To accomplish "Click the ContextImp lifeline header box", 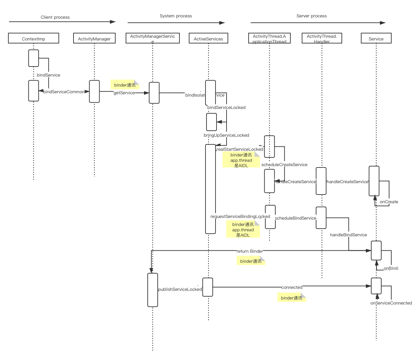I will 33,38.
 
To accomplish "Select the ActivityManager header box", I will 94,38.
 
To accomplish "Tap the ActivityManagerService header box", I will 152,38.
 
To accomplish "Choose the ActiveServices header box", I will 208,38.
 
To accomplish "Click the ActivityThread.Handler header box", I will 322,38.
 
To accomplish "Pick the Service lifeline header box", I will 376,38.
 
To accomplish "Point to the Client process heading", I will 55,17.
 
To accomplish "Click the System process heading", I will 176,16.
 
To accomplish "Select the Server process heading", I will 311,16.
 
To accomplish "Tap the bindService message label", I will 48,75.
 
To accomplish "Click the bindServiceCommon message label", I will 64,92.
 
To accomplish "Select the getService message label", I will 124,93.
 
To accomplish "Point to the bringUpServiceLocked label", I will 227,135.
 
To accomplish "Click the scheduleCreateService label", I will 284,164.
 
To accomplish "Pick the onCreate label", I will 389,202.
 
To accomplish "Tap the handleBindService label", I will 349,235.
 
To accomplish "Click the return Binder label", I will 250,251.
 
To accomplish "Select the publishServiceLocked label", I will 180,289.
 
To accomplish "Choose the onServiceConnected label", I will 391,303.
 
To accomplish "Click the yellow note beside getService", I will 125,85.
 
